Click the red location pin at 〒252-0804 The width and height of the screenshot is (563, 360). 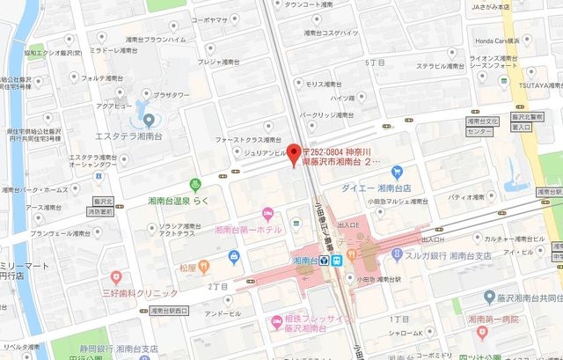coord(294,151)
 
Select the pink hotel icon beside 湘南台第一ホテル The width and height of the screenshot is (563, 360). coord(268,214)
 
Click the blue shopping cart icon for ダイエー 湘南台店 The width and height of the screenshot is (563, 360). coord(397,172)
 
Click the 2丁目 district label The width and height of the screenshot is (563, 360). coord(218,287)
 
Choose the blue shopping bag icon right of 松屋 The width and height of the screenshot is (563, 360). coord(233,257)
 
